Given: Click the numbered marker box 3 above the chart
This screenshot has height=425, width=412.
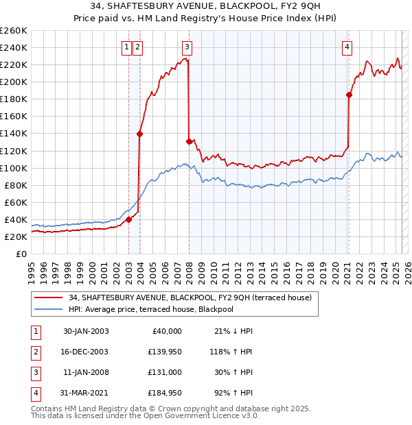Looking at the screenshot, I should pos(187,47).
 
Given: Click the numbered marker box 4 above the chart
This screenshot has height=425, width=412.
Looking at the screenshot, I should pos(347,47).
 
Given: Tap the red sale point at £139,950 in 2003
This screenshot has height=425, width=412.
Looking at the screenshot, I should pos(139,134).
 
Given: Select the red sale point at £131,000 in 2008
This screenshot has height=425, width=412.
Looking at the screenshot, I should pos(189,141).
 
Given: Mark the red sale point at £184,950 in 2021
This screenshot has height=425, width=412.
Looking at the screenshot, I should pos(350,95).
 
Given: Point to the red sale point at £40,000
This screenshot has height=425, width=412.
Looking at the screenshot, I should pos(129,219).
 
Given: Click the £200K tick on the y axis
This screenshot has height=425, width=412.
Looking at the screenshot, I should pos(14,82).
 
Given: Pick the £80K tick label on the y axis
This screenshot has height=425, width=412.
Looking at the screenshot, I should pos(16,185).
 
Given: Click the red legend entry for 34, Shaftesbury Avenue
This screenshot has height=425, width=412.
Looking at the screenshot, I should pos(190,297).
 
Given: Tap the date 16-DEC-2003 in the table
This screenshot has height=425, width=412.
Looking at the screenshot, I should pos(86,352).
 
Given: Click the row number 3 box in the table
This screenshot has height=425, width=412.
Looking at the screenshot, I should pos(34,372).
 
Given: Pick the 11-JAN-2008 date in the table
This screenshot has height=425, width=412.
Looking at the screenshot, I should pos(86,372).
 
